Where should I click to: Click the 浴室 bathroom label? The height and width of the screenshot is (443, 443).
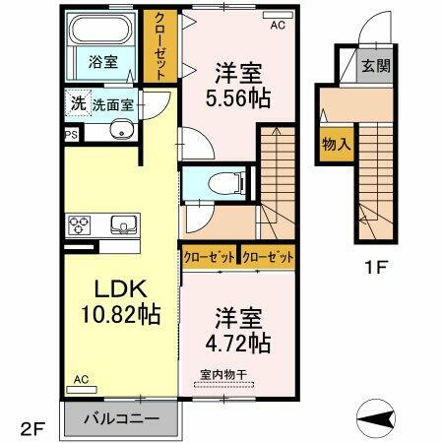click(104, 61)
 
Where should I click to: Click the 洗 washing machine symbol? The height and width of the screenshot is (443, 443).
click(77, 102)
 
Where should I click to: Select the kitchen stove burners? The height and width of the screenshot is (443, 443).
click(79, 225)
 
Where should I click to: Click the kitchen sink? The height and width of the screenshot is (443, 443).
click(122, 225)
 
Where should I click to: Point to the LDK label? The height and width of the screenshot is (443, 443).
click(119, 289)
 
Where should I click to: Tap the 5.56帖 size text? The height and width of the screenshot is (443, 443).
click(238, 98)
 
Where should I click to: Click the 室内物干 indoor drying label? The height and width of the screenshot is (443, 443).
click(222, 374)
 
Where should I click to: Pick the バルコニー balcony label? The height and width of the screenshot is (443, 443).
click(124, 419)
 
